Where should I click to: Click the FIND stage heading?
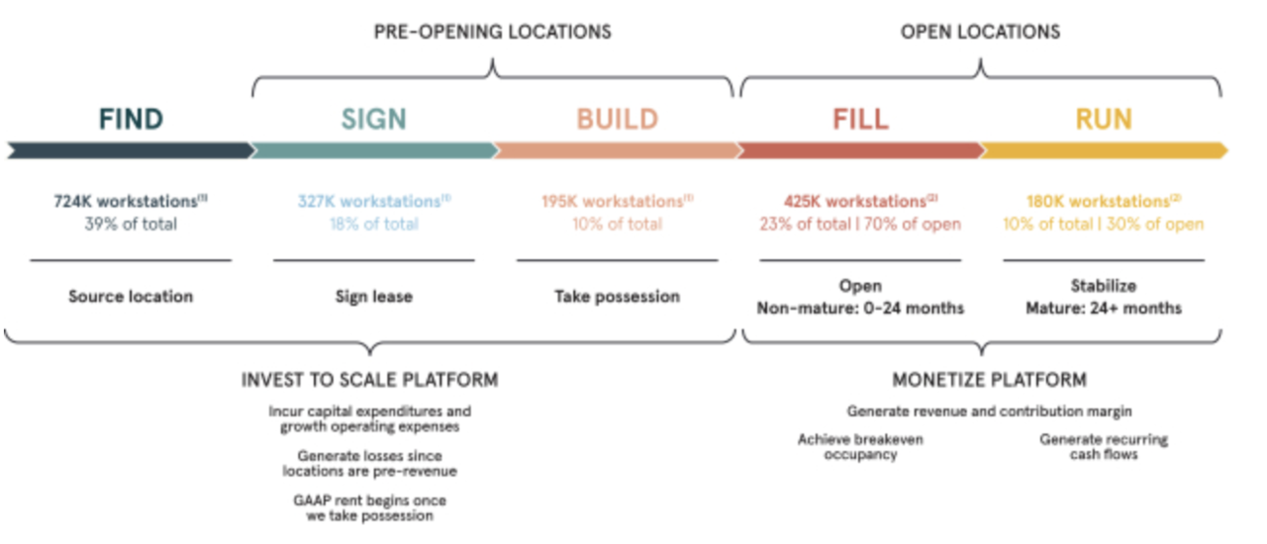tap(131, 120)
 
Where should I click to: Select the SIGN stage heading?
tap(373, 120)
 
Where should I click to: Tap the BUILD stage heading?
tap(617, 120)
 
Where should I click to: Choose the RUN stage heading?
tap(1104, 120)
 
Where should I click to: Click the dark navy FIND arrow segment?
tap(129, 150)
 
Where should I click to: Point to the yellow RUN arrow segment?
tap(1104, 150)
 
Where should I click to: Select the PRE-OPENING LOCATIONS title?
tap(492, 32)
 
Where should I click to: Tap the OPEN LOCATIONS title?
tap(980, 32)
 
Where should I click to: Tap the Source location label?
tap(131, 296)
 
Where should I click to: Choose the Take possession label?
tap(617, 296)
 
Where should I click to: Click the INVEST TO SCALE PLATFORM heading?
tap(369, 380)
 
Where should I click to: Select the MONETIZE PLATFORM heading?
tap(989, 380)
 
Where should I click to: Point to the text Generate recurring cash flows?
tap(1104, 446)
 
